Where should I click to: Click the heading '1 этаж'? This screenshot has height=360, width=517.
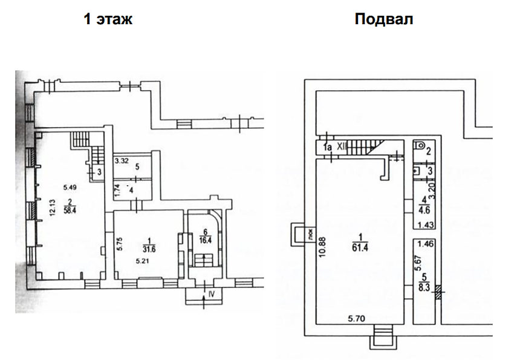click(108, 19)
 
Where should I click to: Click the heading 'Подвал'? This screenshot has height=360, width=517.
click(384, 19)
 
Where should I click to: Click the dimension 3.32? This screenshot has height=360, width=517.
click(122, 162)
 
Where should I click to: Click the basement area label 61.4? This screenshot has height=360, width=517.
click(362, 246)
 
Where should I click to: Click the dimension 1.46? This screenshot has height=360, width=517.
click(427, 245)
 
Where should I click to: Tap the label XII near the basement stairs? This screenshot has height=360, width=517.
click(342, 146)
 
